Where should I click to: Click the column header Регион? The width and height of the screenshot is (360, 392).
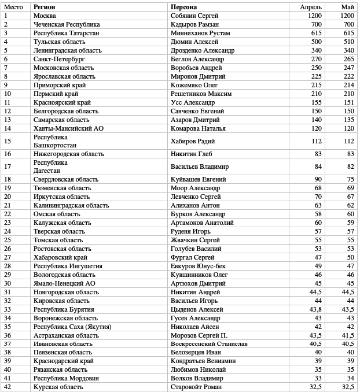pos(45,7)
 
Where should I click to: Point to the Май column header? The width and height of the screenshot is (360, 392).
pos(347,7)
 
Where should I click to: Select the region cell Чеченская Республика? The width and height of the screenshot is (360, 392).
pos(67,24)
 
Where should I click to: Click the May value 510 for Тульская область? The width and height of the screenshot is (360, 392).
pos(348,42)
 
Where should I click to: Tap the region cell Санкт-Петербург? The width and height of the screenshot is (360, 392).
pos(59,59)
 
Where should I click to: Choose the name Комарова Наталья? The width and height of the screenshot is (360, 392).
pos(198,128)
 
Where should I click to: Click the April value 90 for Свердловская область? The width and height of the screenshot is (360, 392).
pos(318,179)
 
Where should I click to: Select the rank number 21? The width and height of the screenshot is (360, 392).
pos(8,205)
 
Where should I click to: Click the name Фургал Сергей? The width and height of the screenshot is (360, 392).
pos(193,257)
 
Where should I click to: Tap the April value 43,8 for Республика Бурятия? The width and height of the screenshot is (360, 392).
pos(315,309)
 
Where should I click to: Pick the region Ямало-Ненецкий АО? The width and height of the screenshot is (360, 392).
pos(64,283)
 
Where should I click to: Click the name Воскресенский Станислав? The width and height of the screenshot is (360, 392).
pos(209,343)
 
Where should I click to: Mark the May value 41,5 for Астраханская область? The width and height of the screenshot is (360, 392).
pos(347,335)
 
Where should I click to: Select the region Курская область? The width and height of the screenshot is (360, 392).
pos(58,387)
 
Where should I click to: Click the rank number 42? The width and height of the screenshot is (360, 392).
pos(8,387)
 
